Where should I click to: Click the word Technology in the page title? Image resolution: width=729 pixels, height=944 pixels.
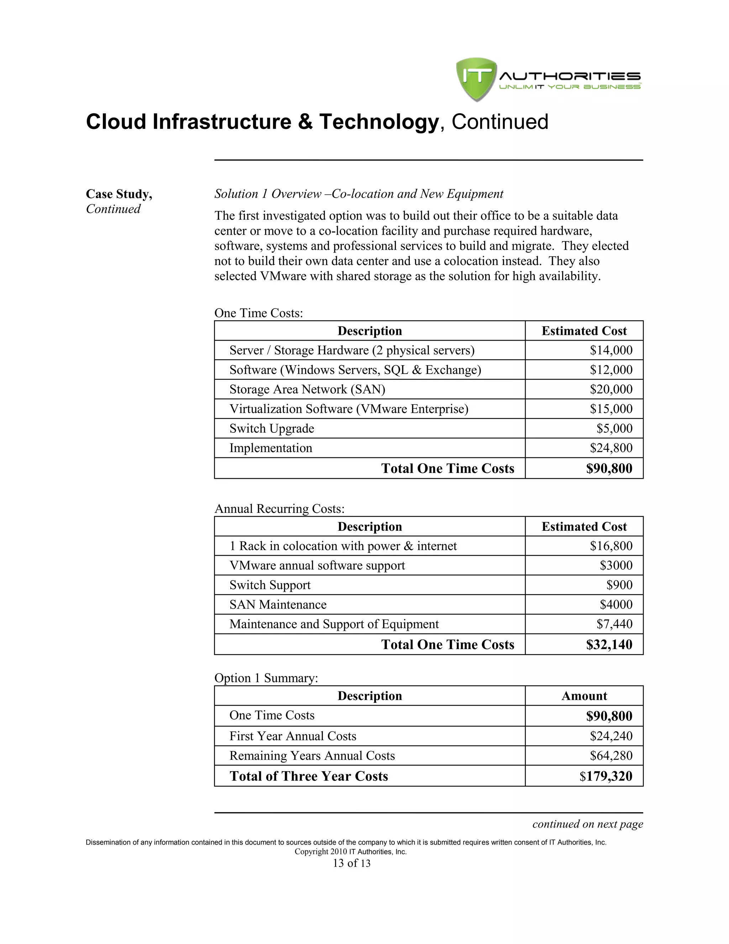pyautogui.click(x=379, y=122)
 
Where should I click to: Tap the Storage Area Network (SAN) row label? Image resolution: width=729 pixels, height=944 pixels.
pyautogui.click(x=307, y=389)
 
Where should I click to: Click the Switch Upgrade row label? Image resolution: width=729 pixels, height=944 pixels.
pyautogui.click(x=272, y=428)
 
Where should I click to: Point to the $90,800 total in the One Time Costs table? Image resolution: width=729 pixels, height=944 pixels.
pyautogui.click(x=609, y=468)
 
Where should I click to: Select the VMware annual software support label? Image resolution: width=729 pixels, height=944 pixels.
pyautogui.click(x=317, y=565)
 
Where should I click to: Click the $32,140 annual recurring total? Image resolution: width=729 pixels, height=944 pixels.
pyautogui.click(x=609, y=644)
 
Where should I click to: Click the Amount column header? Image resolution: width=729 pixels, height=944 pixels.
pyautogui.click(x=584, y=696)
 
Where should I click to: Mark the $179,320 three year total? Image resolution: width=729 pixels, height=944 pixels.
pyautogui.click(x=605, y=776)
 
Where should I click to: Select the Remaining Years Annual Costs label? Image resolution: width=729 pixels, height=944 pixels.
pyautogui.click(x=312, y=756)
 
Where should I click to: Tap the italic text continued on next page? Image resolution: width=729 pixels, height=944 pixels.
pyautogui.click(x=587, y=824)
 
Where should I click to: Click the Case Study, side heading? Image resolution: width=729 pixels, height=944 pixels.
pyautogui.click(x=119, y=194)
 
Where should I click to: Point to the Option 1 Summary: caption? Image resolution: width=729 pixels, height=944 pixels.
pyautogui.click(x=266, y=678)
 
